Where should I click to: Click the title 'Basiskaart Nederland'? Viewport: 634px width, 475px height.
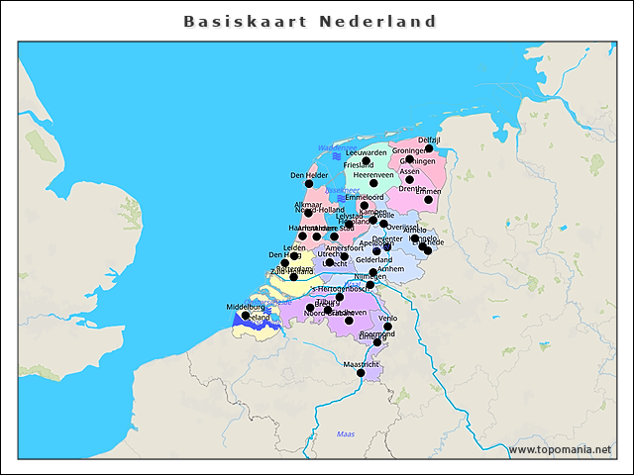pos(310,21)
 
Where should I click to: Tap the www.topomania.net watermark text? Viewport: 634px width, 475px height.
pos(560,449)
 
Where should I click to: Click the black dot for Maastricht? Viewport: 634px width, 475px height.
pos(361,373)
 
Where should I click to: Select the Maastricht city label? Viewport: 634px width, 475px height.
pos(361,364)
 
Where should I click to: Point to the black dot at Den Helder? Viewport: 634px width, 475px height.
pos(308,184)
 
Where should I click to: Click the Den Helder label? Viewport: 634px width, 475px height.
pos(308,175)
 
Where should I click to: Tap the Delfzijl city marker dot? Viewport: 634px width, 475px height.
pos(429,148)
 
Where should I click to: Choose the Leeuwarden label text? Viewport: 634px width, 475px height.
pos(367,152)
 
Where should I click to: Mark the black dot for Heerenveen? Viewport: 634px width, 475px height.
pos(373,183)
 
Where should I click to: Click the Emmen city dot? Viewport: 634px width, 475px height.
pos(428,200)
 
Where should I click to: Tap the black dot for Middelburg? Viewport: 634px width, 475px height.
pos(246,316)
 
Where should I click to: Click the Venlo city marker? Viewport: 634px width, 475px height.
pos(387,327)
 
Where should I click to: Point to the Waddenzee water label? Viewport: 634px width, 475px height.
pos(337,147)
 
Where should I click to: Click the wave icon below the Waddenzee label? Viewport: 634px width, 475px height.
pos(337,156)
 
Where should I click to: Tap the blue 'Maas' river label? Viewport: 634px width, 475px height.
pos(345,433)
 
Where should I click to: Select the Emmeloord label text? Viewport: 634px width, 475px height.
pos(363,197)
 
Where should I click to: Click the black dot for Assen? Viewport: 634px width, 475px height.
pos(409,179)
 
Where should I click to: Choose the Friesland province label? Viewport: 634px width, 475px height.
pos(359,165)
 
